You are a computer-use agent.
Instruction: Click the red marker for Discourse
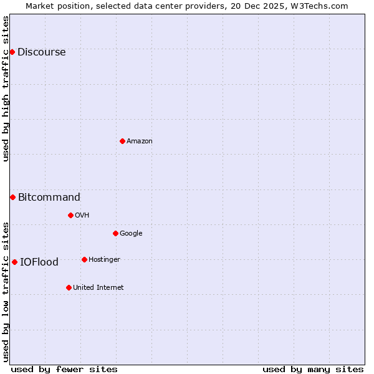coord(12,52)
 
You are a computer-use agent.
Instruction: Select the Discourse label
coord(41,52)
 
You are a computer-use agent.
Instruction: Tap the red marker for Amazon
coord(122,141)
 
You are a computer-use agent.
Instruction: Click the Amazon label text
coord(139,141)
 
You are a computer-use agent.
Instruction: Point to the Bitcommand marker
coord(12,197)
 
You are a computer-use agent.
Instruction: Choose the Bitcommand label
coord(49,198)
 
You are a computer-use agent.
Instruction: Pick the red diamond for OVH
coord(70,215)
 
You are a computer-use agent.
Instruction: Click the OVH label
coord(82,216)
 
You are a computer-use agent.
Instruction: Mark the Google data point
coord(115,233)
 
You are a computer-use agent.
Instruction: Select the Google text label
coord(131,234)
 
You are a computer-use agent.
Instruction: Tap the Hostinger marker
coord(84,259)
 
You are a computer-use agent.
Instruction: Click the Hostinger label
coord(104,260)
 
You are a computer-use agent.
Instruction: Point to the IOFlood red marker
coord(14,262)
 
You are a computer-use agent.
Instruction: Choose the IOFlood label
coord(39,262)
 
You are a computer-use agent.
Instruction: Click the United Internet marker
coord(69,287)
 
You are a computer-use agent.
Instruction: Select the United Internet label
coord(98,288)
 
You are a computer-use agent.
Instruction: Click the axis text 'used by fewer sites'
coord(64,369)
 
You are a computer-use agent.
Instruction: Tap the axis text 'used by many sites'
coord(313,369)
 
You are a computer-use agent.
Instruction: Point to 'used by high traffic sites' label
coord(6,89)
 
